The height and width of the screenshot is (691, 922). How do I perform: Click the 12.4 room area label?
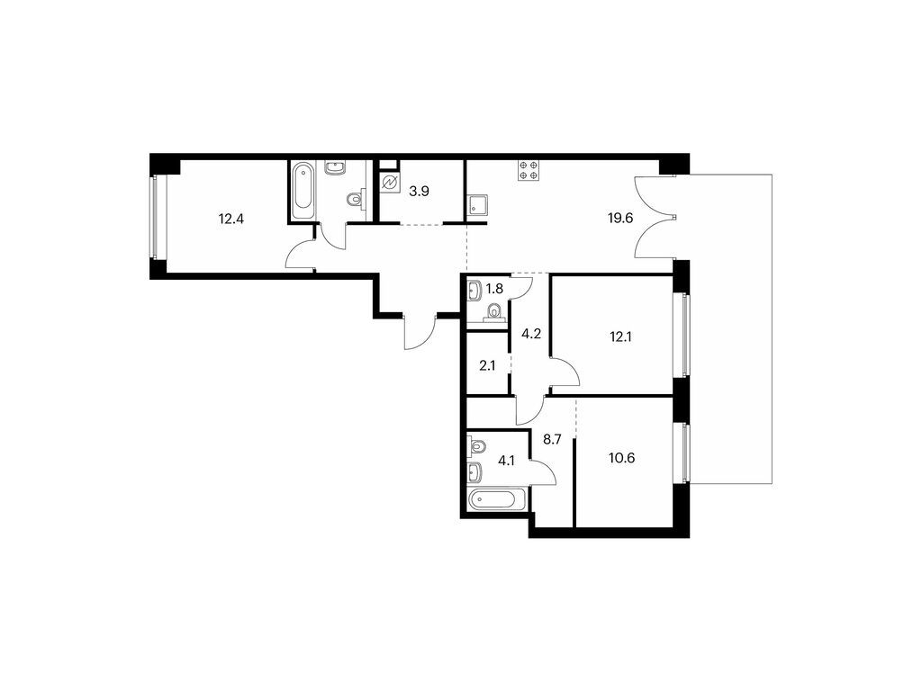(x=231, y=220)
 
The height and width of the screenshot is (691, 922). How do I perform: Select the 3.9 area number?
(x=419, y=192)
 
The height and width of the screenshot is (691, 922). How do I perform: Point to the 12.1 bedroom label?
(x=620, y=337)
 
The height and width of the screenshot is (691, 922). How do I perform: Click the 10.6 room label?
(x=621, y=458)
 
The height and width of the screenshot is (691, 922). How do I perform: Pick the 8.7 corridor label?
(x=552, y=439)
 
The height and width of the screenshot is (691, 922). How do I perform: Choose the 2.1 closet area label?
(x=487, y=365)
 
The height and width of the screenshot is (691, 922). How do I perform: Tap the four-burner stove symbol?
(x=528, y=169)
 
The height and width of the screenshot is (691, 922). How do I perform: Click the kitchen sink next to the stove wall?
(x=475, y=206)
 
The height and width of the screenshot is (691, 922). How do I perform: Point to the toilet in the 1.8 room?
(x=493, y=313)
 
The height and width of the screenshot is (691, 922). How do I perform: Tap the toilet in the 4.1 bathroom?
(x=477, y=446)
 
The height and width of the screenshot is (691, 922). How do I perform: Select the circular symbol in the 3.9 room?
(x=389, y=184)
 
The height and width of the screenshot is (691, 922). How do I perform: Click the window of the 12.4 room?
(x=154, y=218)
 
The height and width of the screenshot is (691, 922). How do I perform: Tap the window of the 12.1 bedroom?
(x=685, y=336)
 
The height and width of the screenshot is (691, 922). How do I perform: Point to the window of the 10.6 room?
(x=685, y=453)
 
